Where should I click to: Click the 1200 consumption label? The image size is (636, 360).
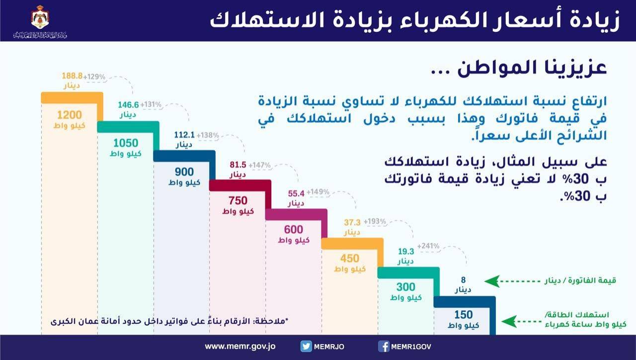click(x=69, y=113)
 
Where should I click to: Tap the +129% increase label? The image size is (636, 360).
click(x=94, y=77)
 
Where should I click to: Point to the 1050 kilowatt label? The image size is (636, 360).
click(x=125, y=142)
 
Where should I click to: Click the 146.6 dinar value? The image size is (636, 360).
click(x=128, y=105)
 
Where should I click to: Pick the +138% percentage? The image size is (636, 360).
click(x=208, y=135)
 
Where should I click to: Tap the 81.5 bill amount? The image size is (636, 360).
click(x=238, y=165)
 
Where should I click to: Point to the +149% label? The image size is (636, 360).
click(x=318, y=192)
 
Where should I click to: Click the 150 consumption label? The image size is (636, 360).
click(x=464, y=315)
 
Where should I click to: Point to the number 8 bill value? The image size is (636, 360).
click(x=464, y=280)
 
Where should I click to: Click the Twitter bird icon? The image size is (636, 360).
click(x=306, y=347)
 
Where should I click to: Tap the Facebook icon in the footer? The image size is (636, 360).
click(x=383, y=347)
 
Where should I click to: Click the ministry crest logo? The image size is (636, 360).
click(x=40, y=18)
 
